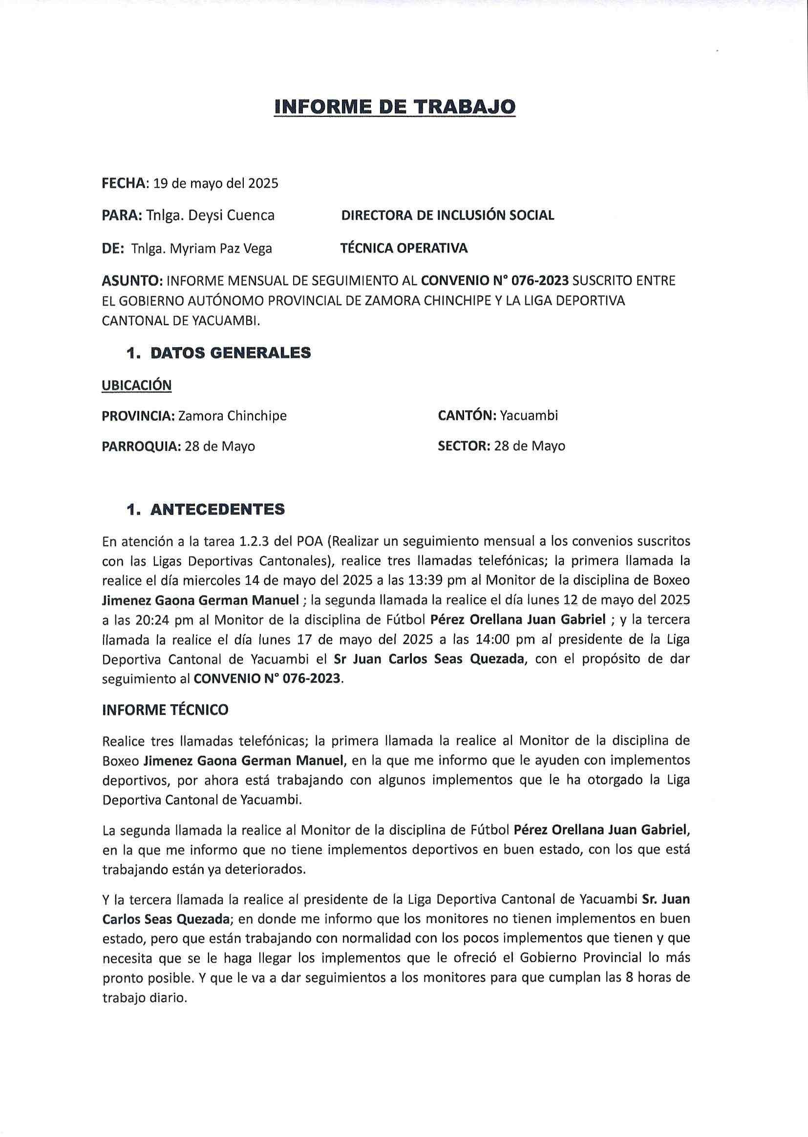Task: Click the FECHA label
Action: tap(124, 183)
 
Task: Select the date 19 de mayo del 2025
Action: tap(215, 183)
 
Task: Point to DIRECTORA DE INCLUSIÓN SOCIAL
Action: tap(447, 215)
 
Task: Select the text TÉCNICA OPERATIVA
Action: tap(404, 248)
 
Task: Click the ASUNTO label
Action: tap(131, 281)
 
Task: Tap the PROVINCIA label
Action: tap(138, 415)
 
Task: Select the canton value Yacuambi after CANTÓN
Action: tap(529, 415)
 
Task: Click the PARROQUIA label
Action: tap(141, 446)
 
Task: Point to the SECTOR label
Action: tap(464, 446)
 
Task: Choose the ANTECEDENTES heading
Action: tap(217, 509)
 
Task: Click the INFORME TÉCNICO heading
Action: tap(165, 710)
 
